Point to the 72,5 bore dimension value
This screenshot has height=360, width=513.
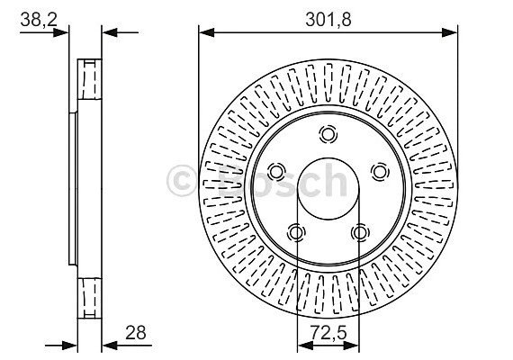pyautogui.click(x=329, y=334)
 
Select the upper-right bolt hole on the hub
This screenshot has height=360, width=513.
pyautogui.click(x=380, y=171)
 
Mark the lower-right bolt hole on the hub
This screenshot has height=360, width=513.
pyautogui.click(x=360, y=233)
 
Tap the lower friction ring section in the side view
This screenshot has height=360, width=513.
pyautogui.click(x=90, y=296)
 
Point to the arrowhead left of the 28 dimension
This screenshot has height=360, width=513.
pyautogui.click(x=71, y=343)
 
